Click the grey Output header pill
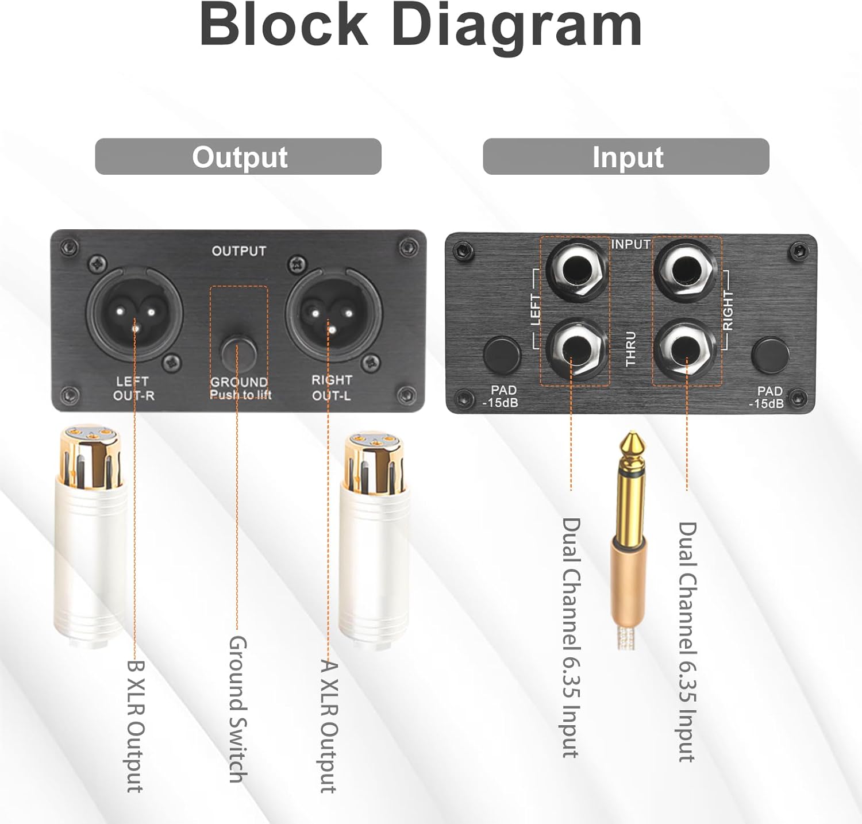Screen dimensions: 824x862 [238, 156]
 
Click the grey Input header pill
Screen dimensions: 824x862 [626, 156]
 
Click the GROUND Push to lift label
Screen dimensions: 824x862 [240, 388]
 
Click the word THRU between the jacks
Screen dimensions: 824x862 [631, 348]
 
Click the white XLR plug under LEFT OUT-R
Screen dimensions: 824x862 [89, 534]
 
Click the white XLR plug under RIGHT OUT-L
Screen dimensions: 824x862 [374, 540]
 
